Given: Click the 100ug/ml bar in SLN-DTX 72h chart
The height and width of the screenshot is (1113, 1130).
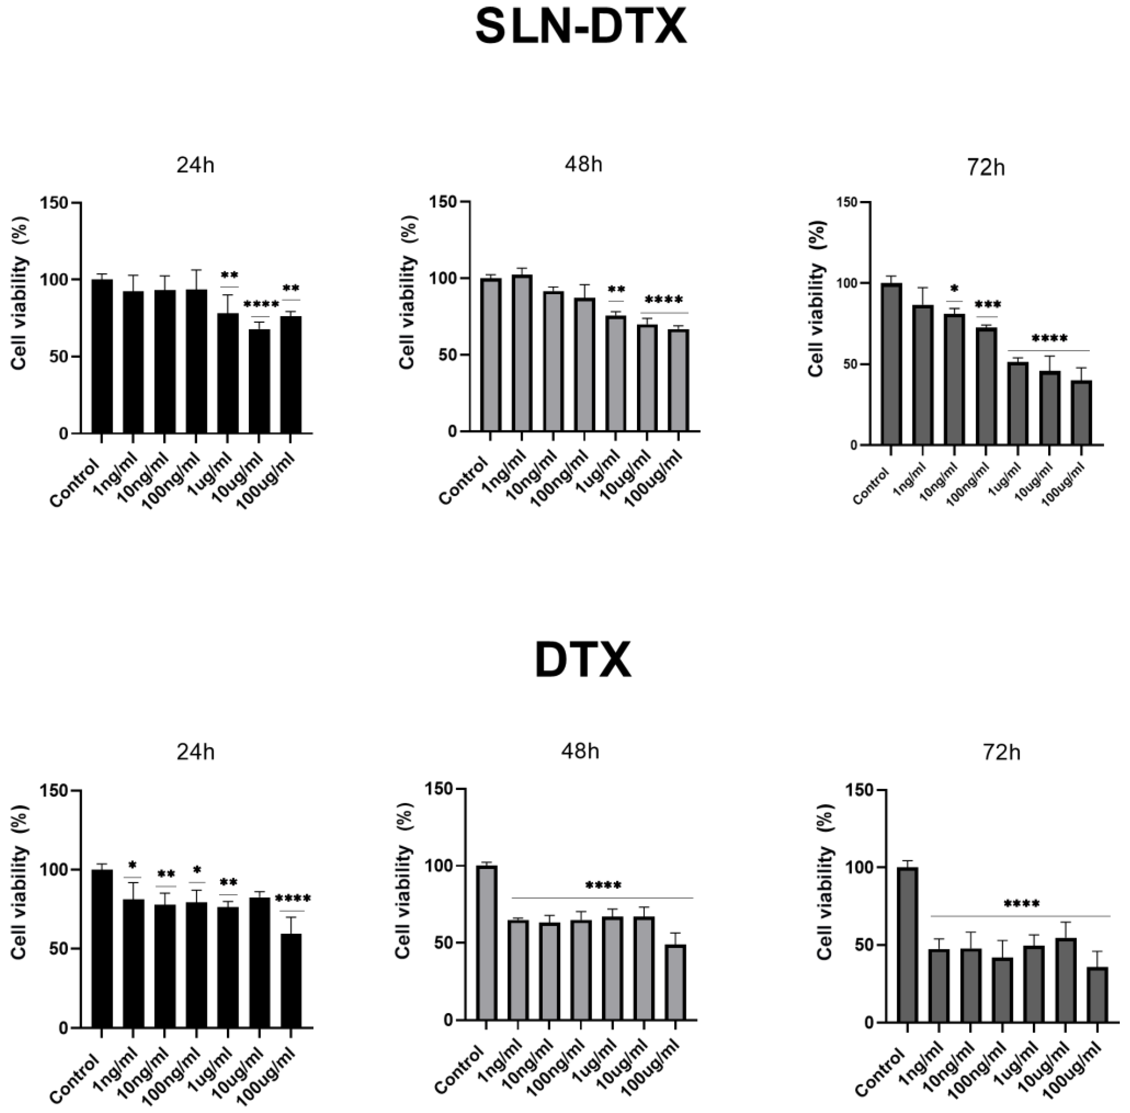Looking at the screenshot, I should point(1081,413).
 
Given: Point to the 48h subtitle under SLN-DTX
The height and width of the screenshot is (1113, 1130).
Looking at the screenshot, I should point(583,165).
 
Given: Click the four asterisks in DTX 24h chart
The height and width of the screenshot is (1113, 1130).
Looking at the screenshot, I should point(293,899).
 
